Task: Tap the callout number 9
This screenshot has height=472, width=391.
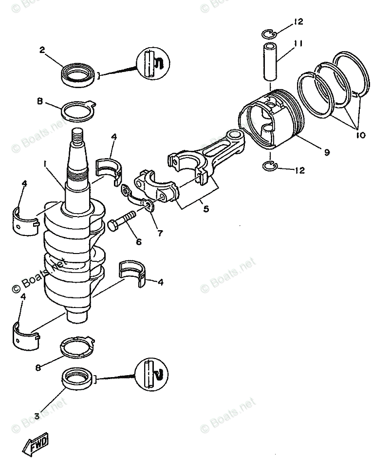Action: click(326, 152)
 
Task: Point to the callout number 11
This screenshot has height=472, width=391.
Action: click(298, 43)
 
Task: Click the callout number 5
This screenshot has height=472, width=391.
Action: click(206, 209)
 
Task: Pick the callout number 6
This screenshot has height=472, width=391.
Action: click(139, 242)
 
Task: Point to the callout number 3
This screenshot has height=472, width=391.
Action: click(37, 416)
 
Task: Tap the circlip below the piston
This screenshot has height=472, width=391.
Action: click(269, 166)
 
